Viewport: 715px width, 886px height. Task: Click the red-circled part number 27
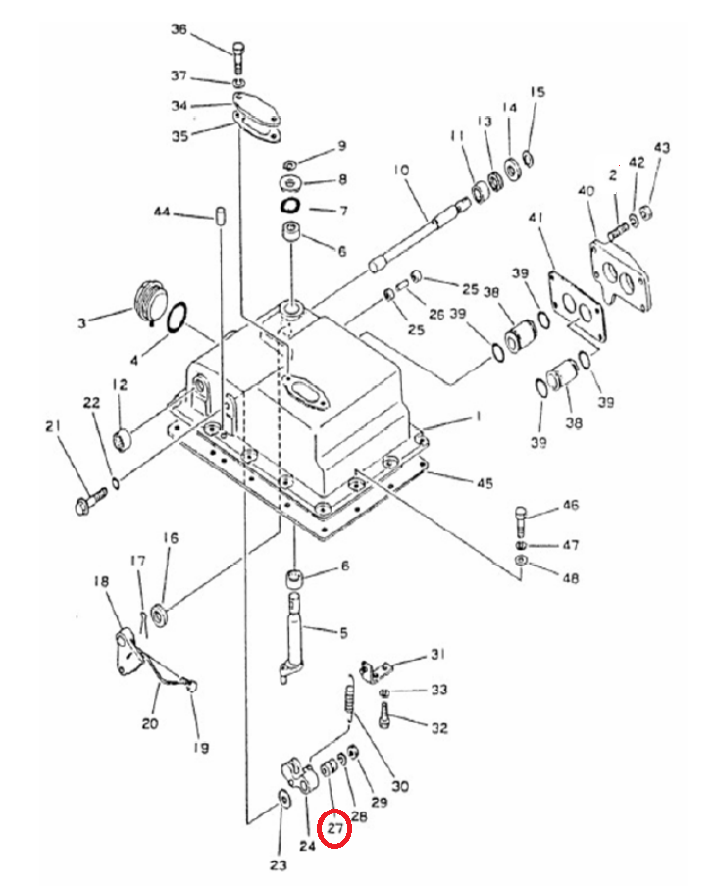tap(335, 829)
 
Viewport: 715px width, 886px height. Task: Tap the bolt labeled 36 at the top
tap(238, 57)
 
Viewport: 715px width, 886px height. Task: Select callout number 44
tap(162, 212)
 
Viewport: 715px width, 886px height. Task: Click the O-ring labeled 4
tap(179, 316)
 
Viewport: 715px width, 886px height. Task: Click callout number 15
tap(537, 92)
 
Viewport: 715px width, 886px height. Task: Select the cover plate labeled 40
tap(621, 272)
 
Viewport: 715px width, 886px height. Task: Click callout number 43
tap(662, 147)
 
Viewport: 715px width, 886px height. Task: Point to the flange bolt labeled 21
tap(90, 501)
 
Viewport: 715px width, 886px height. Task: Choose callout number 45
tap(485, 483)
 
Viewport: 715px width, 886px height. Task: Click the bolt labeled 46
tap(521, 521)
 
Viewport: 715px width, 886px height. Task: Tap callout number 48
tap(571, 578)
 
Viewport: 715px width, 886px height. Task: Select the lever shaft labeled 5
tap(294, 638)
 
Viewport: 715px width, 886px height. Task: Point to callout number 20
tap(150, 723)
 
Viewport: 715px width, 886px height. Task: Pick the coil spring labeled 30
tap(351, 700)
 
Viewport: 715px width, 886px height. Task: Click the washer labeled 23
tap(282, 800)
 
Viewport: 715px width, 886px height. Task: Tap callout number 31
tap(437, 654)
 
